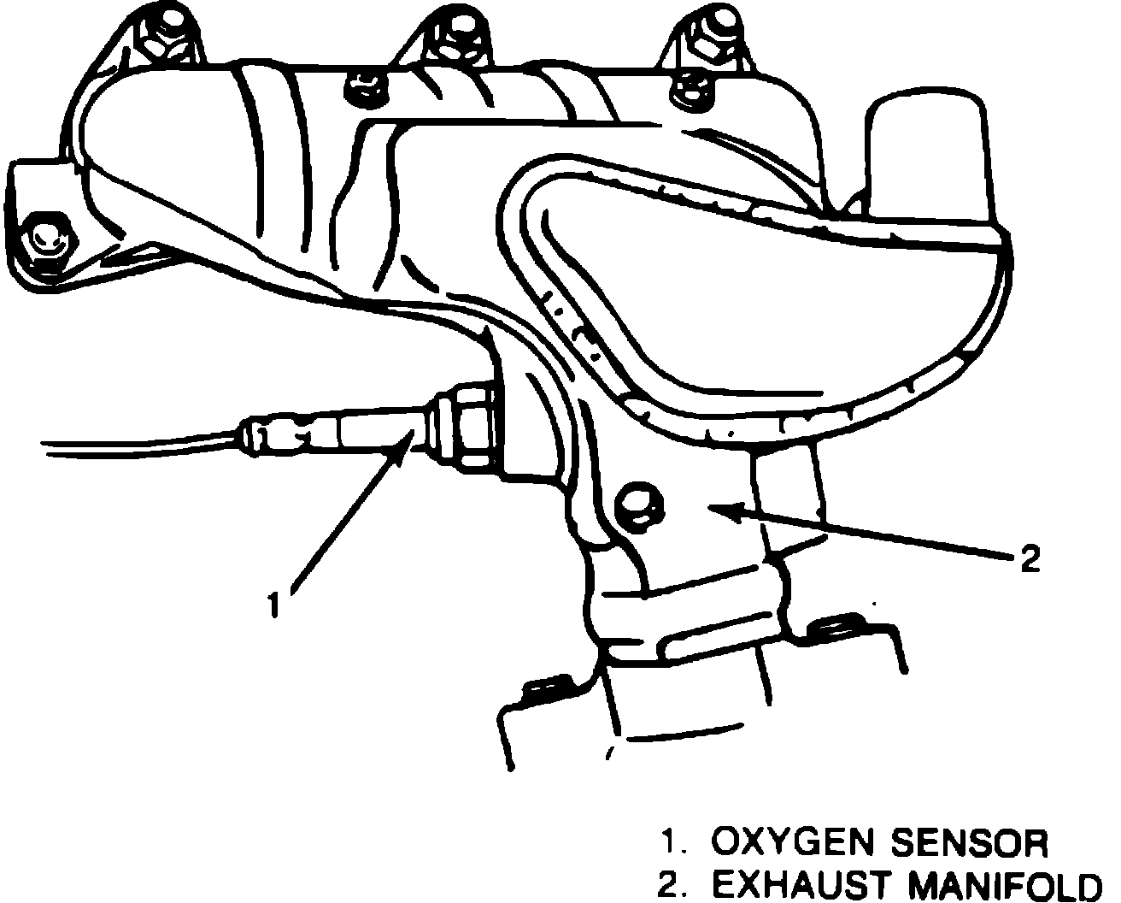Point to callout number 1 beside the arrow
pos(274,605)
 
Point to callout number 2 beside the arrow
pos(1030,559)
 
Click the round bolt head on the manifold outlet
pos(640,507)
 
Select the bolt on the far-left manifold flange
pos(46,239)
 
